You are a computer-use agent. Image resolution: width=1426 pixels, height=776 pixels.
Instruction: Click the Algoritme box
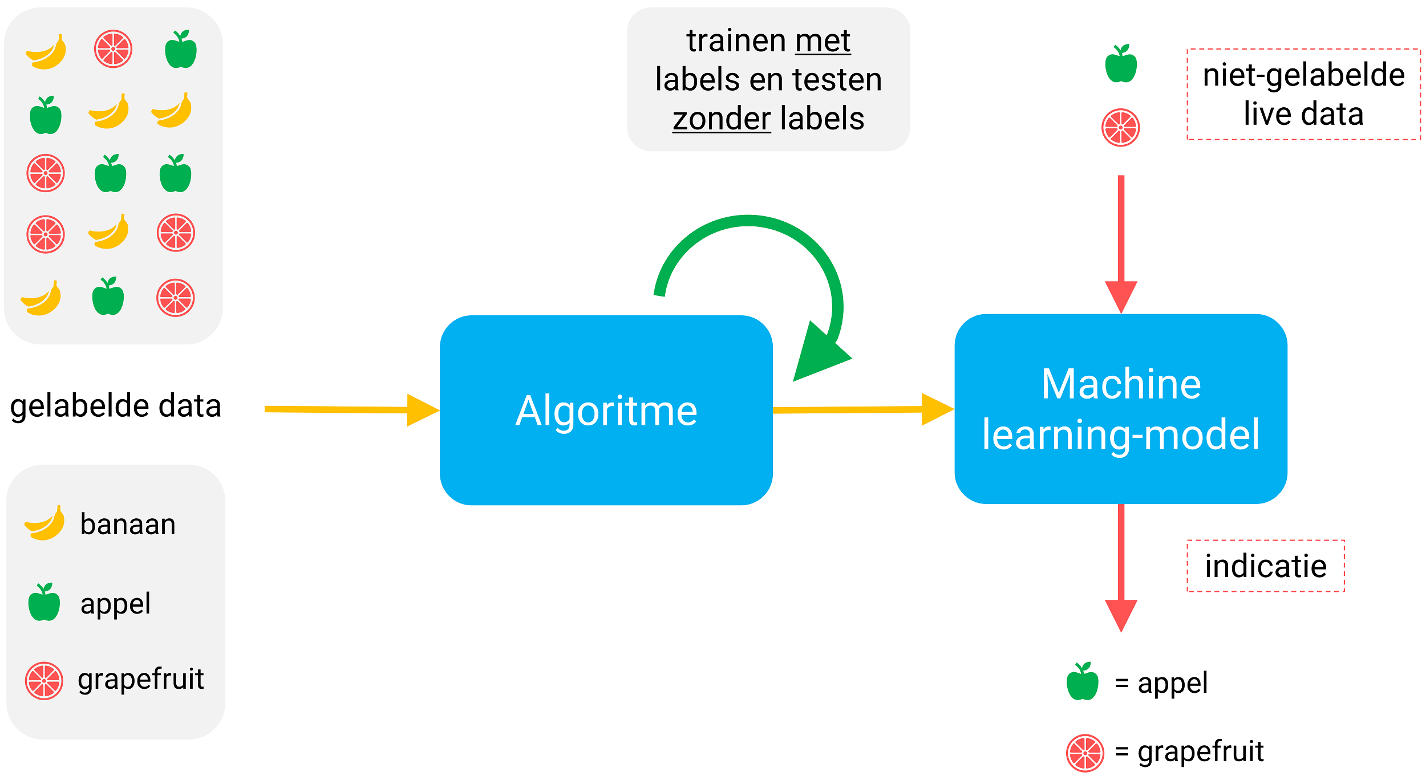(606, 410)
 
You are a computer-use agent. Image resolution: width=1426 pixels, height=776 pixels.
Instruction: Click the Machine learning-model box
(1120, 409)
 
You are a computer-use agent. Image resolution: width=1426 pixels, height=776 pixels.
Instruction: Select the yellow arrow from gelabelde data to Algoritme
(342, 409)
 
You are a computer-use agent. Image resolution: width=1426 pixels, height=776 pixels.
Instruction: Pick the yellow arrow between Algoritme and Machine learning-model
(856, 409)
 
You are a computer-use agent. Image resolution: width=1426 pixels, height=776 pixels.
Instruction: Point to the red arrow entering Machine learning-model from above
(1121, 239)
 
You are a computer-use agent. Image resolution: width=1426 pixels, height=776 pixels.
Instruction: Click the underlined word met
(823, 41)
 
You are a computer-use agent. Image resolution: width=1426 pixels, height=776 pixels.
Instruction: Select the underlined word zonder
(721, 119)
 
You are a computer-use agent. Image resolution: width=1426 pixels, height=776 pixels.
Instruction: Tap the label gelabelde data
(115, 406)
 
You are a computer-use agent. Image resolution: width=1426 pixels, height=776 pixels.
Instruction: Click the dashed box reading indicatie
(1265, 566)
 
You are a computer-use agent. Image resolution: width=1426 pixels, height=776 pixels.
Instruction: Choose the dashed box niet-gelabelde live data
(1303, 94)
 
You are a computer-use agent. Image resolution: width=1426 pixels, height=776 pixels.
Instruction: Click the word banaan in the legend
(128, 524)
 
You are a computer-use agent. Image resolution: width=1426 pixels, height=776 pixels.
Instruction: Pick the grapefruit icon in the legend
(44, 680)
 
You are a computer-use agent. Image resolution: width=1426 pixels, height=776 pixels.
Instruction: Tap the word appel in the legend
(115, 603)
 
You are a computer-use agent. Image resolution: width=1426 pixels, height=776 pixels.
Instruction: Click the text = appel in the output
(1161, 682)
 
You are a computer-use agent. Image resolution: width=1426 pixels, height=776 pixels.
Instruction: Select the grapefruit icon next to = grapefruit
(1085, 753)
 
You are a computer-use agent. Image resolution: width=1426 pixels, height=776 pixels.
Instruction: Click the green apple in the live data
(1121, 64)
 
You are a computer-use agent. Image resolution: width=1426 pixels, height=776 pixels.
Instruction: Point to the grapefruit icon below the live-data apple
(1120, 128)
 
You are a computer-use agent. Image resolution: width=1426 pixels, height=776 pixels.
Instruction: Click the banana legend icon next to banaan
(45, 523)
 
